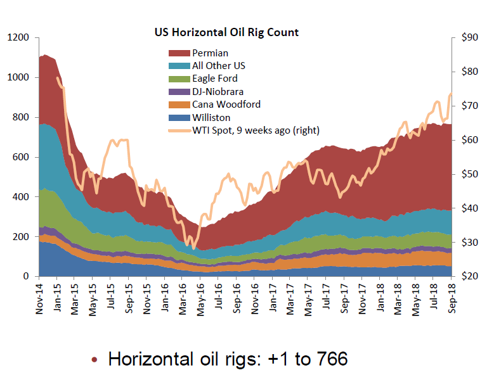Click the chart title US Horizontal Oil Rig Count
[x=227, y=32]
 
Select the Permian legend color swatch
[x=179, y=53]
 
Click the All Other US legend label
[x=218, y=66]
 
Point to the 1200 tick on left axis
[x=17, y=38]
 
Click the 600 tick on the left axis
[x=20, y=157]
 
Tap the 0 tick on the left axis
[x=26, y=277]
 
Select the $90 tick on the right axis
[x=470, y=38]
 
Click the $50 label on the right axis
[x=470, y=174]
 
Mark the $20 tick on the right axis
[x=470, y=277]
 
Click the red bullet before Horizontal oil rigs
[x=94, y=359]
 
